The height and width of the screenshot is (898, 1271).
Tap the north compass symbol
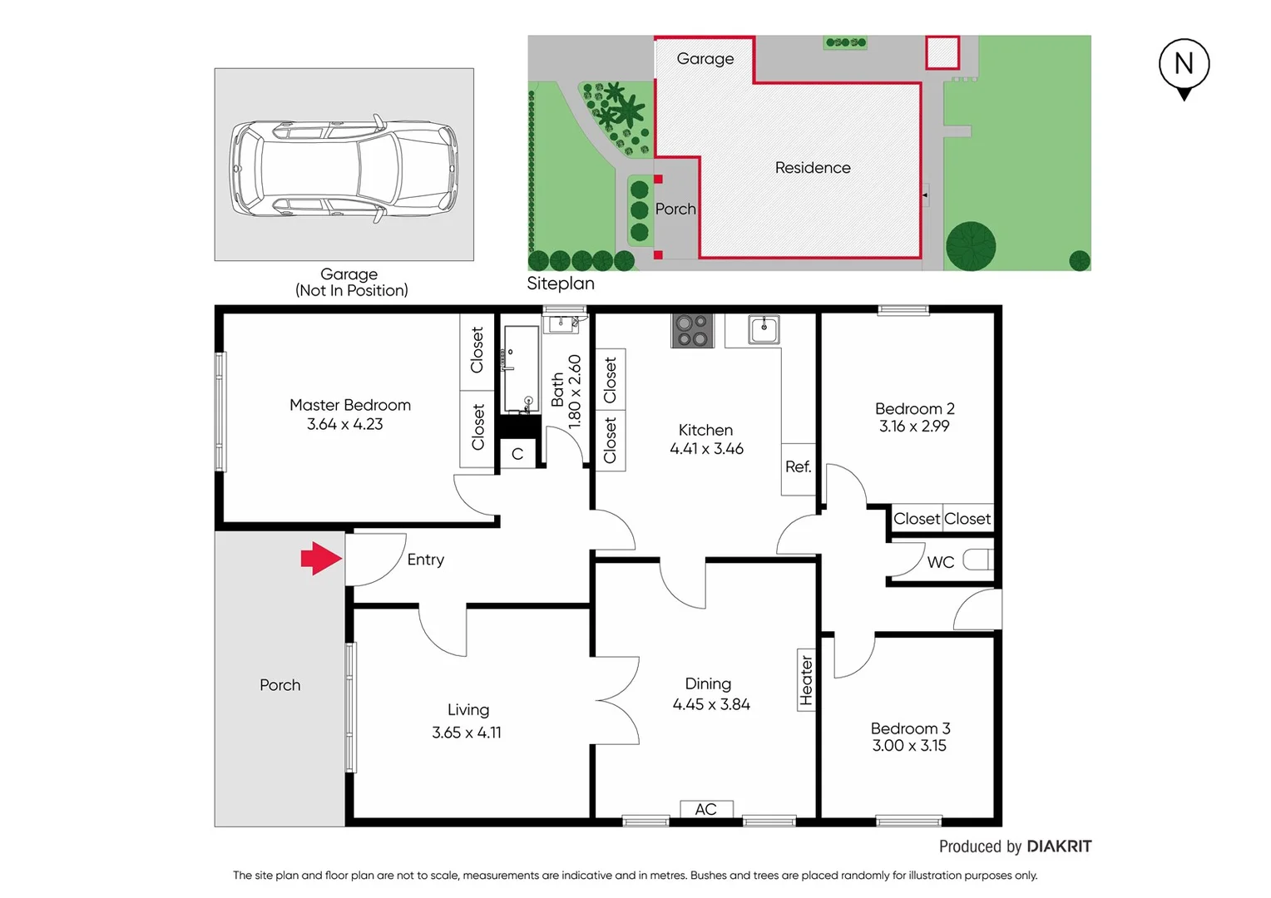coord(1184,66)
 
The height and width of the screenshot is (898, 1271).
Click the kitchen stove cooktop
coord(692,330)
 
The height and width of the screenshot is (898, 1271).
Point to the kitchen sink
coord(764,329)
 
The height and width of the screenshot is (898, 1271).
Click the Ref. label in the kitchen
coord(798,467)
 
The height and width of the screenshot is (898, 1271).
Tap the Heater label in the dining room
coord(806,679)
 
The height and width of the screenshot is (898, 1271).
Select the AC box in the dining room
coord(705,809)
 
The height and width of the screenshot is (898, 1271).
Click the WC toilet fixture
coord(978,560)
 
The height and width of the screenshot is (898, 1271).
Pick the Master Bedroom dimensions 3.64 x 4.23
coord(345,424)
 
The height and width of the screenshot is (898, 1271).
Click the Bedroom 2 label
coord(914,408)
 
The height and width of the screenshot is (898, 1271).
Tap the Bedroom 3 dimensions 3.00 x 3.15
coord(909,746)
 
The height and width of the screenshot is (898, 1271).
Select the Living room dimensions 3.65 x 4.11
coord(467,733)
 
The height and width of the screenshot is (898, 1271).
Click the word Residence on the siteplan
coord(813,168)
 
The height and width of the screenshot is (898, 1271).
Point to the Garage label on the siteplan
coord(705,59)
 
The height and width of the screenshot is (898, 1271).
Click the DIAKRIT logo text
coord(1059,846)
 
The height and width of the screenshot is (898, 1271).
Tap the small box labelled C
coord(517,454)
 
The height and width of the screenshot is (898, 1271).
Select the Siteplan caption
coord(561,284)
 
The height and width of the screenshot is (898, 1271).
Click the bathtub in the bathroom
coord(521,368)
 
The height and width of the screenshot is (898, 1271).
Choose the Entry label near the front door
coord(425,560)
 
